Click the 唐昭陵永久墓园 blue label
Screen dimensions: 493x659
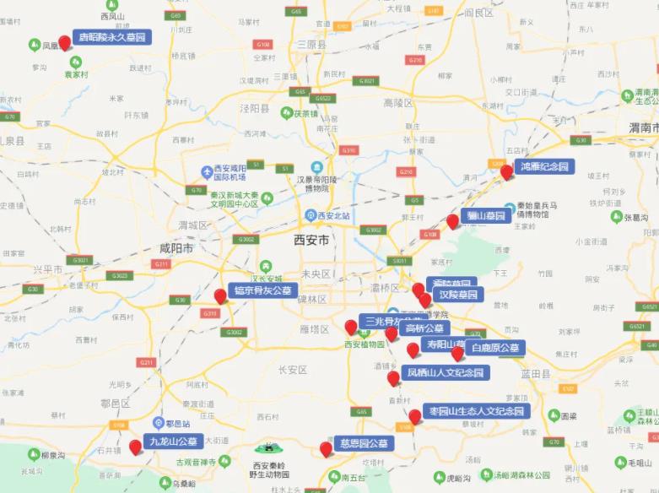112,37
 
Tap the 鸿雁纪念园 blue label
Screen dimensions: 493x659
546,166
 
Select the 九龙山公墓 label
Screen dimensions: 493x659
174,441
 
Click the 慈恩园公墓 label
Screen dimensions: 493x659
365,443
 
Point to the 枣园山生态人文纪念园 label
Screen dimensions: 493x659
477,411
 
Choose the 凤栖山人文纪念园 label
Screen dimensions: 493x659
446,371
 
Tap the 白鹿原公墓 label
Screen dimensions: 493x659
495,348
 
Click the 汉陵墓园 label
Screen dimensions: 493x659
458,295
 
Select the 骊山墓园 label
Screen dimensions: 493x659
487,216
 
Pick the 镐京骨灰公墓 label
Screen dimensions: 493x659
263,290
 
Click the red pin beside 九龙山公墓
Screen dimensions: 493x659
135,446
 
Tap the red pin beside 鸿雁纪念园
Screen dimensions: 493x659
506,171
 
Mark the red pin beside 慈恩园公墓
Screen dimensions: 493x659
326,448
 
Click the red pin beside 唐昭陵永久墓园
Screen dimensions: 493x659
64,42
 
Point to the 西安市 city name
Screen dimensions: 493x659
311,241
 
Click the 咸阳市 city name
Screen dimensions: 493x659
176,249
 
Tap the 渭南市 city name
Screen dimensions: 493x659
643,127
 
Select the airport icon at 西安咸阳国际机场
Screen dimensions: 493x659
207,172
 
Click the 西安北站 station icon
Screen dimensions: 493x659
310,215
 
